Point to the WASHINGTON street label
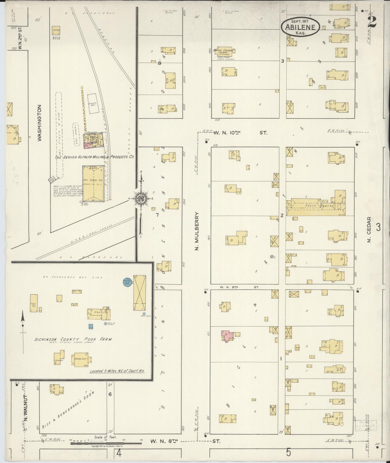(x=40, y=123)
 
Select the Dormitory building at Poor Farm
(x=82, y=360)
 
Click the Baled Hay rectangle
(x=93, y=103)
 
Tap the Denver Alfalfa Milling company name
(x=94, y=157)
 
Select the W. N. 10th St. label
(x=240, y=133)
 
